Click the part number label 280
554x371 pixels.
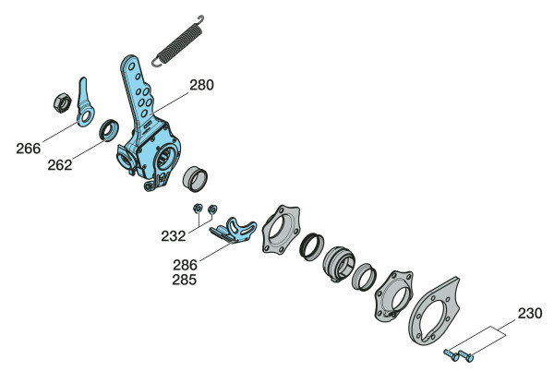pos(201,85)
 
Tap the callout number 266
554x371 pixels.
pos(29,149)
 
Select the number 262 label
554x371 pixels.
pos(60,165)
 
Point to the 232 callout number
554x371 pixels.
pos(174,236)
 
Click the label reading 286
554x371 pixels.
pos(185,265)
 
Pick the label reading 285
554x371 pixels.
pos(184,280)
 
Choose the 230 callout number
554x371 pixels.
pos(530,313)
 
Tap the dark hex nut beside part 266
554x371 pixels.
pos(63,102)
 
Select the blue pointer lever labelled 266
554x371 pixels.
pos(85,104)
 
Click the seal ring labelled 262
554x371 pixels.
pos(108,130)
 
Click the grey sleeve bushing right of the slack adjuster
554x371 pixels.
pos(195,179)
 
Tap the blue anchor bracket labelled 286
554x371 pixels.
pos(234,231)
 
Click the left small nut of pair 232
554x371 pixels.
pos(198,209)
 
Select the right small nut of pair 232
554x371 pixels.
pos(212,209)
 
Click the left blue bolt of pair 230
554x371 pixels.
pos(452,354)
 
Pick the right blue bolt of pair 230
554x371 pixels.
pos(466,355)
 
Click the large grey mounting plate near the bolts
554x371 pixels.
pos(435,311)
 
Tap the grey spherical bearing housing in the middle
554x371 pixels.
pos(339,264)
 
